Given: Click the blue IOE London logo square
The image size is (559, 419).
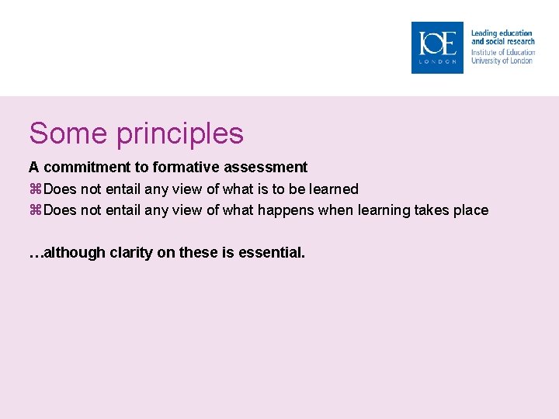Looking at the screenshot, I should (x=437, y=47).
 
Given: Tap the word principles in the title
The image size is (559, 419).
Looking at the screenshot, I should (x=180, y=135).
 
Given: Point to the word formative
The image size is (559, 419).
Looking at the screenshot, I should (x=184, y=167).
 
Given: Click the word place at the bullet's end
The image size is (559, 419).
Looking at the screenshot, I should (x=472, y=210).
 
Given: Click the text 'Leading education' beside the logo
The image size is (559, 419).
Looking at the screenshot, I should (x=502, y=33).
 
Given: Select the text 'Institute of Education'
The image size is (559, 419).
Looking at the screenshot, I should (x=503, y=53).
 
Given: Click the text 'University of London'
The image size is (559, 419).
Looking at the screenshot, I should (x=502, y=61).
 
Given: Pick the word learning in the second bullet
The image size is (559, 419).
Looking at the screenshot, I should (x=382, y=210).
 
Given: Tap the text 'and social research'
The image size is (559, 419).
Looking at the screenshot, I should (x=503, y=41).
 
